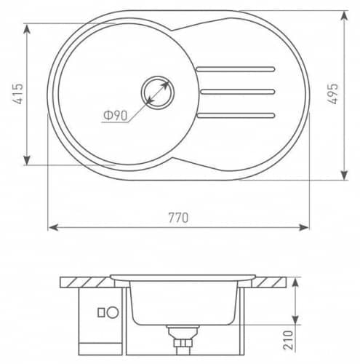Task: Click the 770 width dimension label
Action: click(178, 218)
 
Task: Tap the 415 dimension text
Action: click(17, 94)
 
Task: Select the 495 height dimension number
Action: click(332, 94)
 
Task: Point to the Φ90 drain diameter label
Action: click(116, 116)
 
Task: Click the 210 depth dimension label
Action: click(288, 340)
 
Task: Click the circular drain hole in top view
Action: click(158, 92)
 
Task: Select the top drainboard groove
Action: click(236, 69)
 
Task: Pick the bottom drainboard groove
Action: click(236, 115)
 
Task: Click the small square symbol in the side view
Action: click(101, 312)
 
